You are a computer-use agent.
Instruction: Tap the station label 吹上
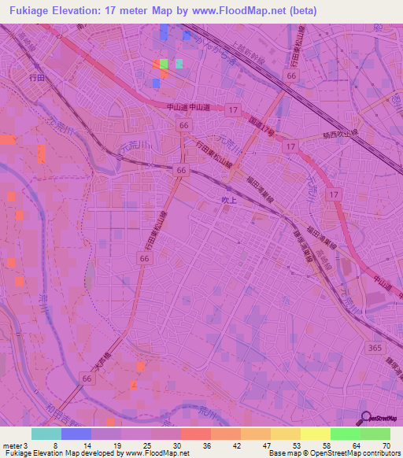(227, 201)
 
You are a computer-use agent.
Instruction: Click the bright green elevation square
(163, 64)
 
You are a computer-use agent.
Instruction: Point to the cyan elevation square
(179, 64)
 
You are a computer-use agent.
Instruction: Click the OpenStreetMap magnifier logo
(367, 419)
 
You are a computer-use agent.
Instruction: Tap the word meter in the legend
(12, 445)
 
